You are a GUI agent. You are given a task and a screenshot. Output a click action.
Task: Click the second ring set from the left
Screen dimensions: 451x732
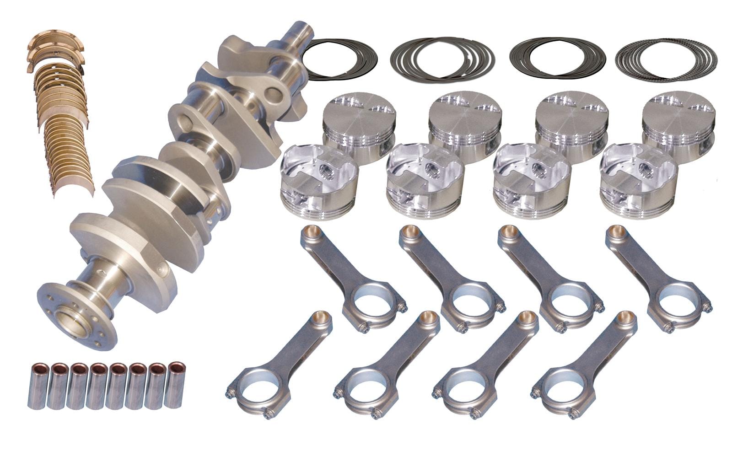(442, 59)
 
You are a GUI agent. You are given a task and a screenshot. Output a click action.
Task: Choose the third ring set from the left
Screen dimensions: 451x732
(557, 59)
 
